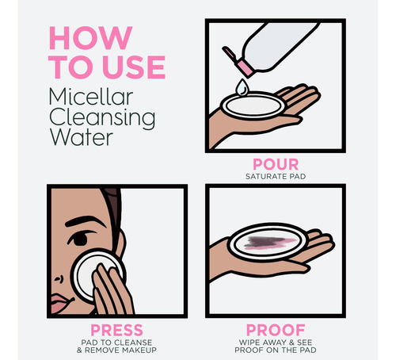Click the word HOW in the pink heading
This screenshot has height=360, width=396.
(90, 38)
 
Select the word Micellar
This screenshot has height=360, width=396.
(91, 97)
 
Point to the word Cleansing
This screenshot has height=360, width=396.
(102, 119)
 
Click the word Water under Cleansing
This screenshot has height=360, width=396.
(82, 137)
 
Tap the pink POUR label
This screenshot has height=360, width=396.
(276, 164)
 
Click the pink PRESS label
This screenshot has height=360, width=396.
(116, 330)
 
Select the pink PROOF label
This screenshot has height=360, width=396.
(276, 330)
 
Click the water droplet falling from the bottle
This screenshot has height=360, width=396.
(242, 87)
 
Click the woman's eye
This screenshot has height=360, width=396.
(79, 239)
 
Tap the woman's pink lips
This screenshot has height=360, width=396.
(60, 304)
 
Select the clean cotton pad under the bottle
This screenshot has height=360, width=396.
(253, 106)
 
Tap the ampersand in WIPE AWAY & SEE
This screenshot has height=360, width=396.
(291, 343)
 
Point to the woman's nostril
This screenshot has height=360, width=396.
(59, 279)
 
